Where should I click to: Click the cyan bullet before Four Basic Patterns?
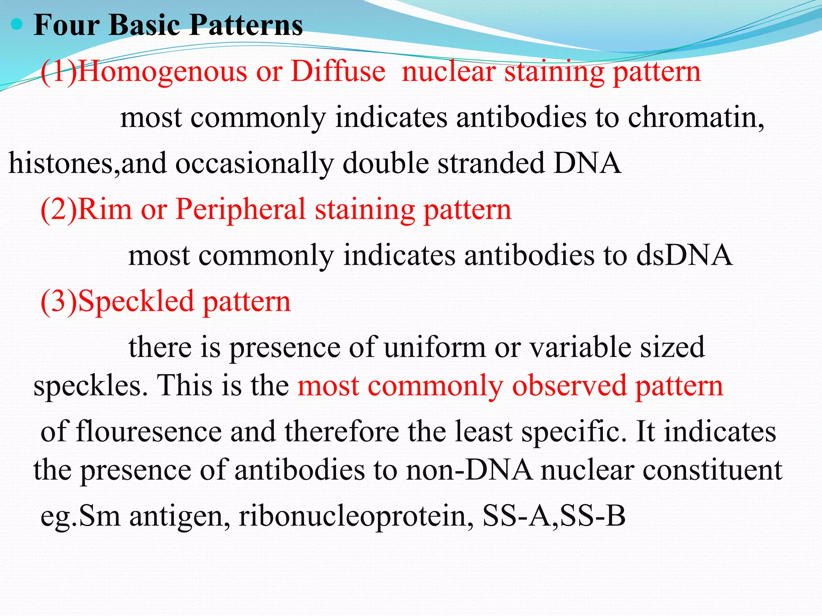[x=17, y=25]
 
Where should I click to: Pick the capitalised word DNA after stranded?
[x=587, y=163]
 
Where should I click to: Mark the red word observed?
[x=569, y=386]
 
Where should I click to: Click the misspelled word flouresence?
[x=149, y=432]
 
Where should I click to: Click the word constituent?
[x=712, y=470]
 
